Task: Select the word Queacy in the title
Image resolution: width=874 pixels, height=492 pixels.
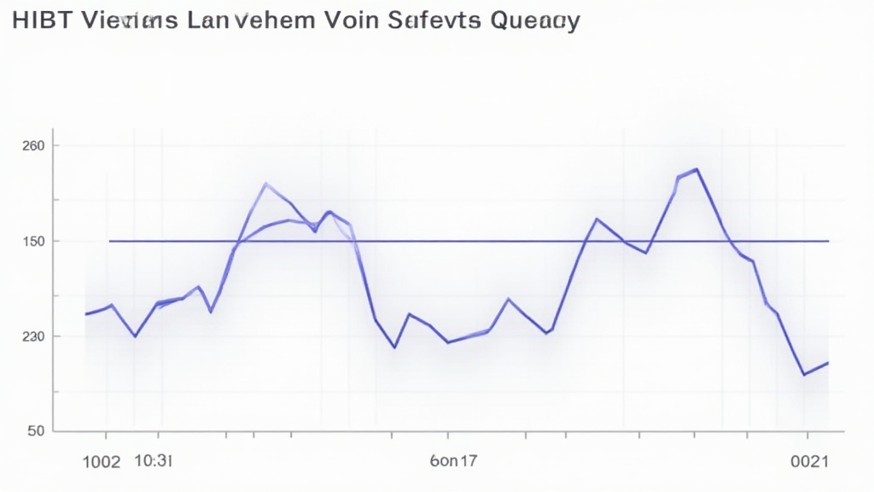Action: [x=537, y=22]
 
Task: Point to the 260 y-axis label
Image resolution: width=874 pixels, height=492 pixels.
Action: [x=33, y=146]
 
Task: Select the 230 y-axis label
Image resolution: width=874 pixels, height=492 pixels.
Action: [x=33, y=336]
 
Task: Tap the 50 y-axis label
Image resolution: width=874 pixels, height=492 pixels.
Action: [x=36, y=431]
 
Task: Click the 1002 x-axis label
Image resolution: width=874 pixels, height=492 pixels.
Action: [x=101, y=462]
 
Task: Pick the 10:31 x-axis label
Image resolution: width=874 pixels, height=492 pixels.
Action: [x=154, y=461]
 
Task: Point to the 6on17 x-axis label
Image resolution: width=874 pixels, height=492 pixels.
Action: [x=454, y=461]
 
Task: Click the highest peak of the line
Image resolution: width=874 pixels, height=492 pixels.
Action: [x=697, y=169]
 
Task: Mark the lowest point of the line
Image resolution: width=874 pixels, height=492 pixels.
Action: [x=804, y=374]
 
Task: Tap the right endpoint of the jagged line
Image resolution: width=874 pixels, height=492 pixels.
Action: [x=828, y=363]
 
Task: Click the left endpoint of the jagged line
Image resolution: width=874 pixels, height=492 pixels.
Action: [x=86, y=314]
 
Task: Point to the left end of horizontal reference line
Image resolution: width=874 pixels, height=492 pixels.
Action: [x=110, y=241]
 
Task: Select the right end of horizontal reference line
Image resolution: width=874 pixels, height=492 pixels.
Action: [x=828, y=241]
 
